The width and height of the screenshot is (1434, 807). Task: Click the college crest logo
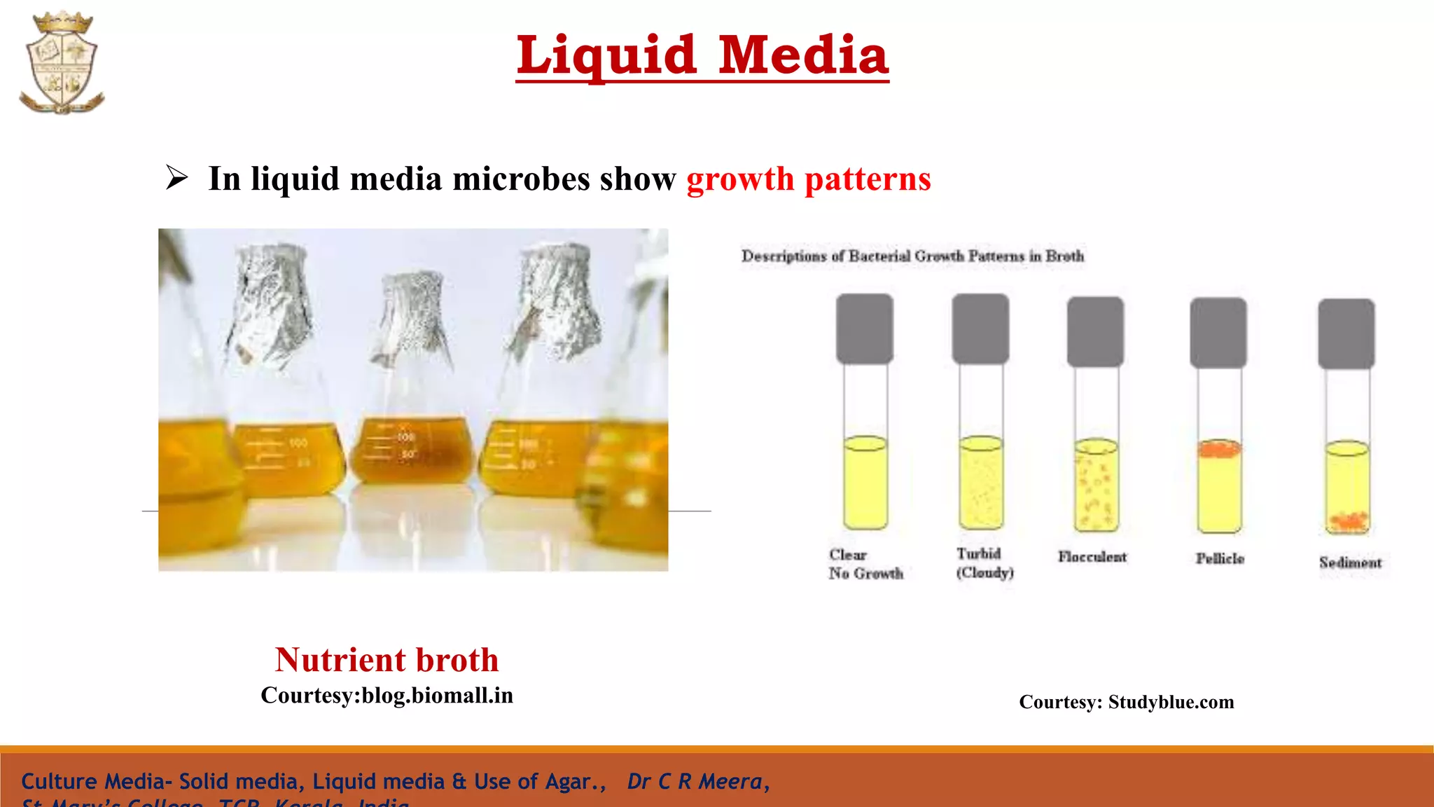[62, 63]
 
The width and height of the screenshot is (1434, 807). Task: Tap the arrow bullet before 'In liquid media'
[176, 177]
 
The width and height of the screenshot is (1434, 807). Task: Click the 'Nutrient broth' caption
[387, 660]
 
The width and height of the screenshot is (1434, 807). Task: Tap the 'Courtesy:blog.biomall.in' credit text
[387, 696]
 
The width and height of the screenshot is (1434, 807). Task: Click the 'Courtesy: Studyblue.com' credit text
[1126, 702]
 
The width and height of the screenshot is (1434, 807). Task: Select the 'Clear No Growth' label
[865, 564]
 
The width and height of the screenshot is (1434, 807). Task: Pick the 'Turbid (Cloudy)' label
[984, 563]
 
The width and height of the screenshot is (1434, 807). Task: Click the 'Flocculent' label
[1092, 557]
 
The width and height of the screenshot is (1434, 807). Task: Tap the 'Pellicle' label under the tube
[1220, 558]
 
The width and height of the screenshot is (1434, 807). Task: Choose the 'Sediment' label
[1350, 563]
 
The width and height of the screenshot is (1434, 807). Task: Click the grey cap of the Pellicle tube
[1218, 332]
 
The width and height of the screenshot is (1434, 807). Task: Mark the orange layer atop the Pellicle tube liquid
[1219, 448]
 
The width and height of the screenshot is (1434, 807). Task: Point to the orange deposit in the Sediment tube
[1348, 520]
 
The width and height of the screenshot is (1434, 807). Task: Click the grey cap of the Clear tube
[865, 328]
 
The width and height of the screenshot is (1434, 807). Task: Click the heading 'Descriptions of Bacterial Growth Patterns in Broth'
[912, 256]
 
